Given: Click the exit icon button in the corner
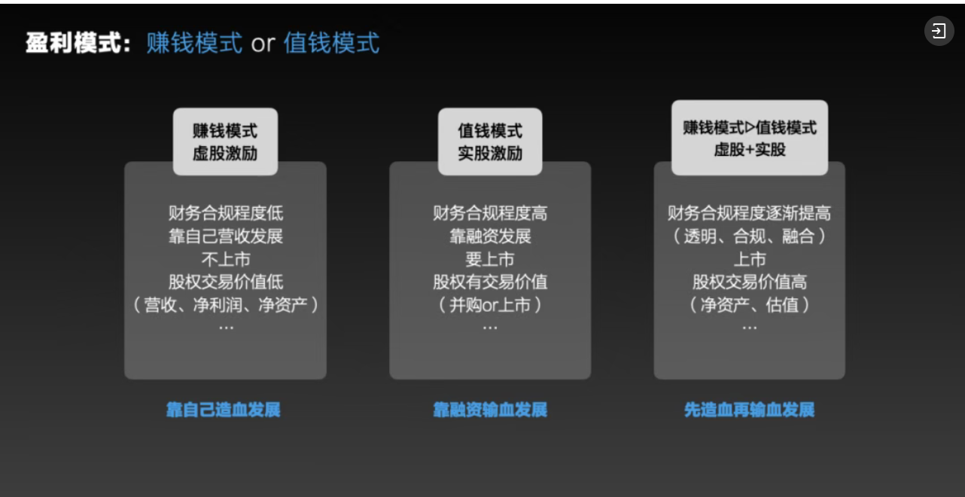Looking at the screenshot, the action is click(939, 31).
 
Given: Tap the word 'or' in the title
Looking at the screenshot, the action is click(263, 44).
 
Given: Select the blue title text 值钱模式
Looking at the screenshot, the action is click(331, 43).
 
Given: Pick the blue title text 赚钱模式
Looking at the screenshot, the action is click(194, 43).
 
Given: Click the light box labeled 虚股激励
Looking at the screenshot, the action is click(225, 142).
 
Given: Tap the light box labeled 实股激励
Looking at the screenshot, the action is click(490, 142).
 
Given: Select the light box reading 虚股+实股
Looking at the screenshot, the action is click(750, 138).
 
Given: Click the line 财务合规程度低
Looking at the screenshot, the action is click(226, 213).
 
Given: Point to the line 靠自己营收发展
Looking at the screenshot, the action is click(226, 236).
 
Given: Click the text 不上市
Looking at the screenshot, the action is click(226, 260).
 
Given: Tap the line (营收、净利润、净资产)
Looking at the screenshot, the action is click(226, 305).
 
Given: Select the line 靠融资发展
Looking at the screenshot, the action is click(490, 236).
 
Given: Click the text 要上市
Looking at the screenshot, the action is click(490, 260).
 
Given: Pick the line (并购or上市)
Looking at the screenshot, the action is click(490, 305).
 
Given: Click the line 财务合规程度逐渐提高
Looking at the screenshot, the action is click(750, 213).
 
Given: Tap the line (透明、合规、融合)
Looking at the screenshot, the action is click(750, 236).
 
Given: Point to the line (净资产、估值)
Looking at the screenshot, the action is click(750, 305).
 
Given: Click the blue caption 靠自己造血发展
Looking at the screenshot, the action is click(223, 410).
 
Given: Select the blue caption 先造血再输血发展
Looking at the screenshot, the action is click(750, 410).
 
